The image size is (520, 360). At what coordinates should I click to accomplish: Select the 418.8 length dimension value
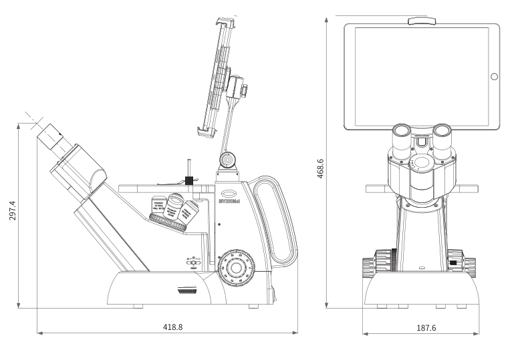(x=173, y=327)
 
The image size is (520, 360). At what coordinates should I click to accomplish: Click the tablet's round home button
(x=494, y=76)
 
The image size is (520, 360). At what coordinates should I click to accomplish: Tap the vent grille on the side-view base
(x=189, y=290)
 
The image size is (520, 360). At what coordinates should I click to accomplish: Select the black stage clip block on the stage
(x=189, y=180)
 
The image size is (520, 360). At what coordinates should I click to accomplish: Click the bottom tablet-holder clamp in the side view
(x=209, y=130)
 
